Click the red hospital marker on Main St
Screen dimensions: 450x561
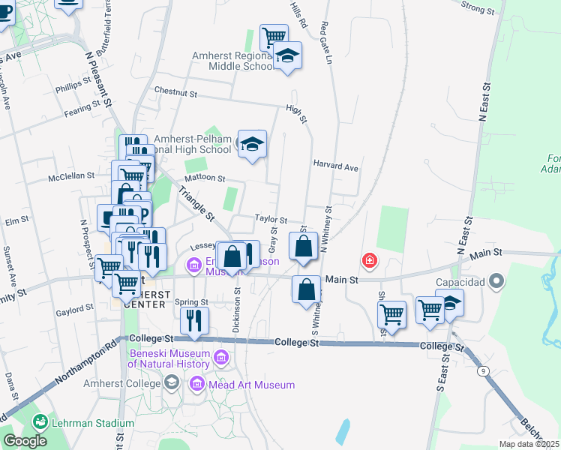(369, 261)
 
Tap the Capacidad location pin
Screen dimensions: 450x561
(496, 282)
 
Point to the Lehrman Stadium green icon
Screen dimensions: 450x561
(40, 422)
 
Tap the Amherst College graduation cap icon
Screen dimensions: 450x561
(172, 384)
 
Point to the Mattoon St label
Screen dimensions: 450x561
(205, 178)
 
